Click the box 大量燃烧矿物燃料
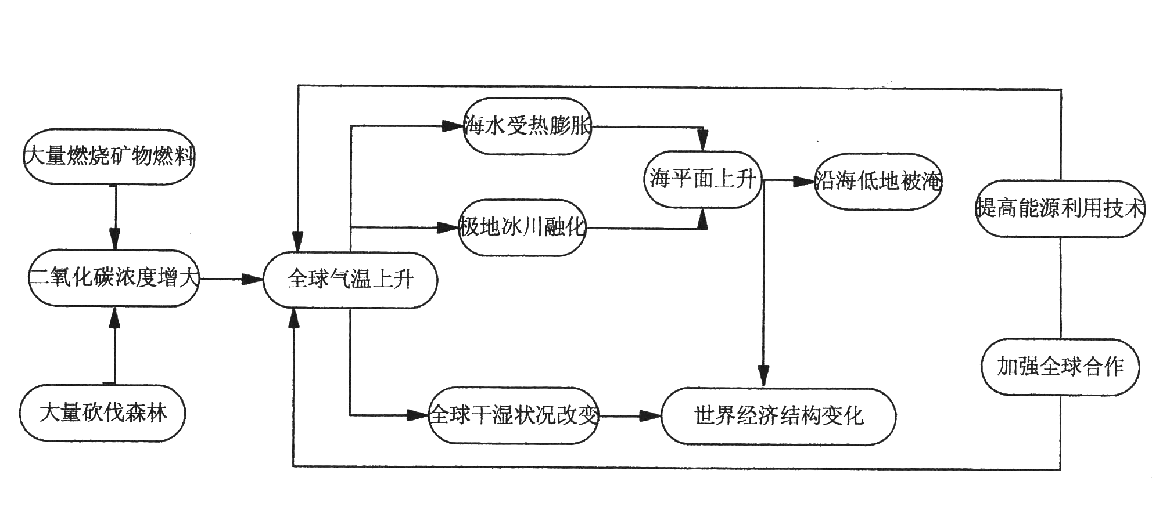(109, 157)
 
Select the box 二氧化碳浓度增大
(114, 278)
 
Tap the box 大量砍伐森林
(103, 413)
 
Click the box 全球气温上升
(350, 280)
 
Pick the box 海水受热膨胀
(527, 126)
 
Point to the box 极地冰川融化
(522, 227)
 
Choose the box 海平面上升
(703, 179)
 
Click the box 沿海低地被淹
(878, 182)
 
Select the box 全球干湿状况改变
(514, 415)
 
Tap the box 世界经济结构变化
(778, 416)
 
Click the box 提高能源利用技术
(1060, 208)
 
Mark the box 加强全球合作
(1060, 367)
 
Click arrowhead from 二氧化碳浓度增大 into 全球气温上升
(253, 280)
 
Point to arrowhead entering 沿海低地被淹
(804, 182)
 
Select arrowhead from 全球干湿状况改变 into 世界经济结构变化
(650, 416)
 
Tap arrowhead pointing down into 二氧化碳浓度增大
(115, 240)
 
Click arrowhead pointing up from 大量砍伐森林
(114, 319)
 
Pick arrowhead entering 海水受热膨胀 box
(452, 126)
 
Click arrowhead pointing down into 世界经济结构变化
(764, 375)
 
